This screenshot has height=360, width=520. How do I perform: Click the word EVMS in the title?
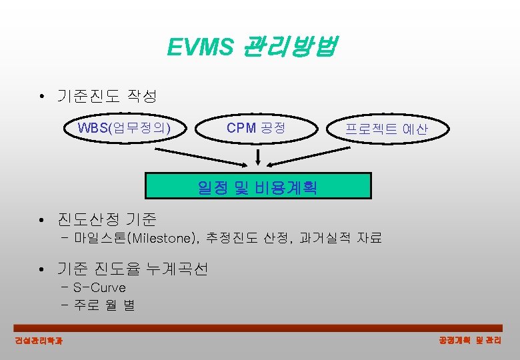pyautogui.click(x=200, y=47)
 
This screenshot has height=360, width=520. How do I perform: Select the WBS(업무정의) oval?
pyautogui.click(x=124, y=127)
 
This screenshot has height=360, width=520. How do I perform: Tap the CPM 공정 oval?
pyautogui.click(x=256, y=127)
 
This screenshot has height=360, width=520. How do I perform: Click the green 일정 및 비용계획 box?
pyautogui.click(x=257, y=187)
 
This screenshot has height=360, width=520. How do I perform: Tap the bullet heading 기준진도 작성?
pyautogui.click(x=107, y=97)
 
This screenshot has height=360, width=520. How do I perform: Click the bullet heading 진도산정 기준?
pyautogui.click(x=107, y=219)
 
